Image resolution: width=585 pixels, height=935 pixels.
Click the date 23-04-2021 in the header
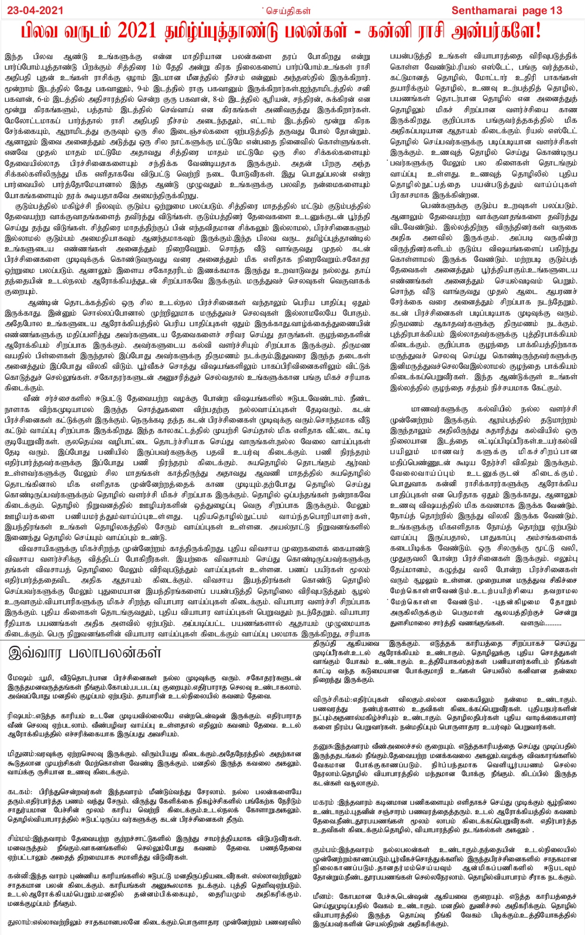click(x=32, y=10)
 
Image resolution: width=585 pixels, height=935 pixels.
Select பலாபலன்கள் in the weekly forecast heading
click(x=117, y=653)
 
